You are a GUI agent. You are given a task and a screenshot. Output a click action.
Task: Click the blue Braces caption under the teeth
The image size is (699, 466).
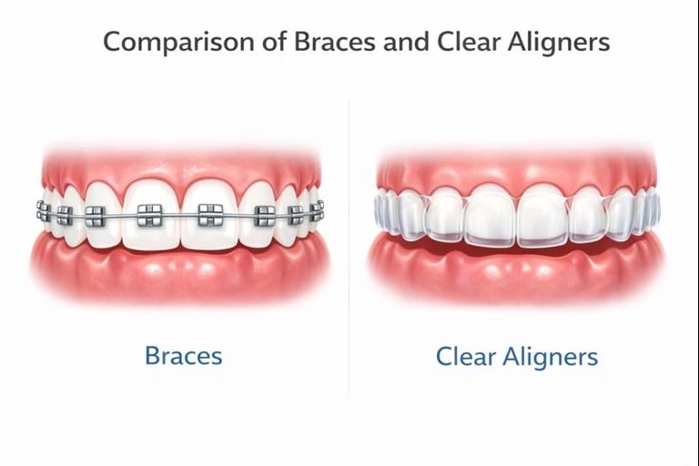[x=183, y=355]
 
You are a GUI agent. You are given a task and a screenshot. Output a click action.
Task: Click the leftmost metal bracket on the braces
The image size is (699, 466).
[x=43, y=212]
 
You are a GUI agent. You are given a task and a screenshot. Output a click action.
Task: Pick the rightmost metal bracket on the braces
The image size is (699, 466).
[x=316, y=211]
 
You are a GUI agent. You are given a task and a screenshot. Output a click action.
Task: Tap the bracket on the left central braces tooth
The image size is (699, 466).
[x=147, y=216]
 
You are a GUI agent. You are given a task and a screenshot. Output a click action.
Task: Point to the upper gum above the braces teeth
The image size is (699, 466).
[x=177, y=164]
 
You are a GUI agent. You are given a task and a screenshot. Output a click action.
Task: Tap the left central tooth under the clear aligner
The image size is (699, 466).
[x=491, y=217]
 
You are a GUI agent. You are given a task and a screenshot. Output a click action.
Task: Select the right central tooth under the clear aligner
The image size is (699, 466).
[x=543, y=217]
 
